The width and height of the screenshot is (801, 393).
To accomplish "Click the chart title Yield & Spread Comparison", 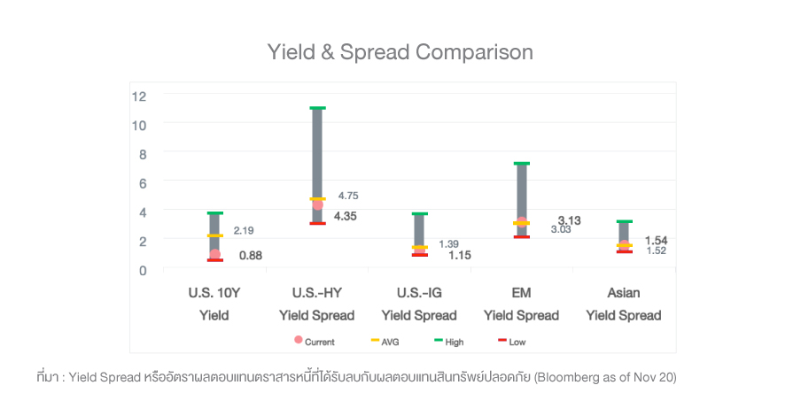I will (400, 52).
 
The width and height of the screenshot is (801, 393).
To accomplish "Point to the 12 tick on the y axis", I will (139, 96).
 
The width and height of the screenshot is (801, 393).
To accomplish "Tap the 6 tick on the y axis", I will (141, 182).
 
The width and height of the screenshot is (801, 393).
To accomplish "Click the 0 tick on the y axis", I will (141, 269).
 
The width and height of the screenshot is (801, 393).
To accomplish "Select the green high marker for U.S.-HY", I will (317, 108).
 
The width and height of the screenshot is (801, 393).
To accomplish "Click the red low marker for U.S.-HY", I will (317, 223).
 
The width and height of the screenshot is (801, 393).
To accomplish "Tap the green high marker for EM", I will (522, 164).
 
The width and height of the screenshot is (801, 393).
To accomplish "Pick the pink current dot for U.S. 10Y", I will (214, 255).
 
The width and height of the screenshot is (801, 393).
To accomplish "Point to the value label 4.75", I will (348, 196).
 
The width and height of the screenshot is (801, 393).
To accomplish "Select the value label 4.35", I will (345, 216).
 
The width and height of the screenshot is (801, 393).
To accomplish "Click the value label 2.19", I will (244, 231).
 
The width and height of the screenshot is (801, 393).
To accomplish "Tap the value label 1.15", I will (459, 256).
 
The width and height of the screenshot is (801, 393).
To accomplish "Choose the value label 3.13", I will (569, 220).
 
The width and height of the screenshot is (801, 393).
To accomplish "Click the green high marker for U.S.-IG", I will (420, 214).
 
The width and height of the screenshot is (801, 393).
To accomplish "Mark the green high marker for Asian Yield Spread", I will (625, 221).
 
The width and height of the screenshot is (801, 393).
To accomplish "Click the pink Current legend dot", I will (299, 340).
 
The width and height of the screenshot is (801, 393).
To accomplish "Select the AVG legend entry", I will (384, 341).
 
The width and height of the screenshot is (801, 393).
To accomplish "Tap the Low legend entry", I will (511, 341).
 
